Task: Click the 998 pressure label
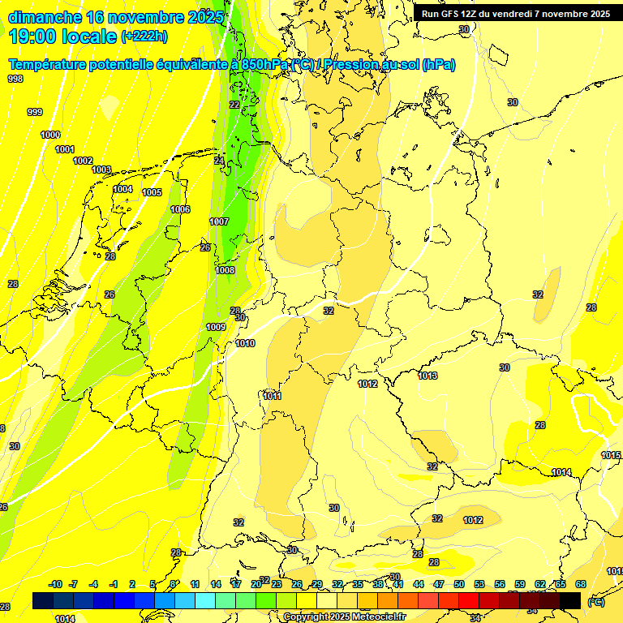click(15, 79)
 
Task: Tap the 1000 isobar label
click(50, 135)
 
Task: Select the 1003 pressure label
click(101, 170)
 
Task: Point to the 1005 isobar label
click(152, 192)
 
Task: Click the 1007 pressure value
click(219, 221)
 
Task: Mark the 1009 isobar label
click(216, 327)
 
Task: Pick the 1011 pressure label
click(273, 396)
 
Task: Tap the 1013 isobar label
click(428, 376)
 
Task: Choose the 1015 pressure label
click(611, 456)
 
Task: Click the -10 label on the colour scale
click(56, 584)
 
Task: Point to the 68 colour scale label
click(581, 584)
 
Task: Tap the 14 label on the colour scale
click(216, 584)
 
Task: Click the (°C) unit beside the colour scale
click(595, 602)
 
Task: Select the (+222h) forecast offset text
click(144, 37)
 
